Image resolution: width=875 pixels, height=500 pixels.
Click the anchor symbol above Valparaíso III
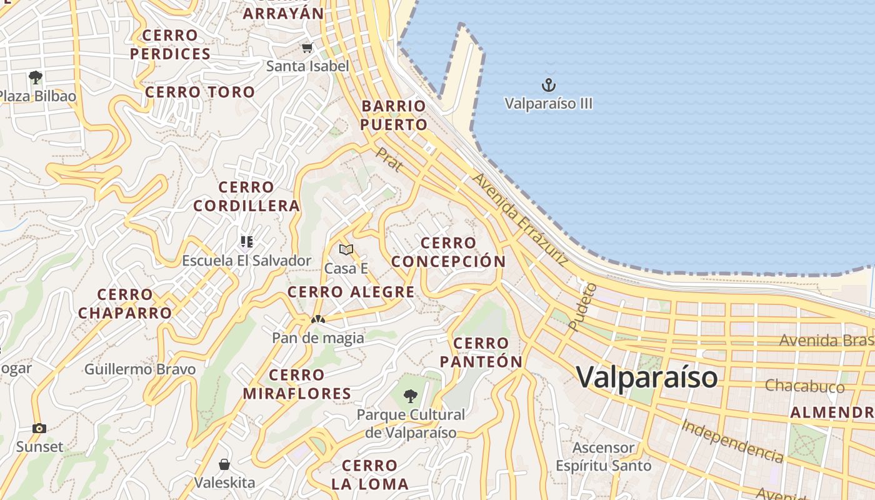click(548, 84)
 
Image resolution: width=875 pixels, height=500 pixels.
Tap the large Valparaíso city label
click(647, 377)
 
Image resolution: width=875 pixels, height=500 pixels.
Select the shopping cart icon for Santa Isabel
click(307, 47)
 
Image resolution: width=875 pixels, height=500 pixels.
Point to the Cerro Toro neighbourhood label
click(200, 92)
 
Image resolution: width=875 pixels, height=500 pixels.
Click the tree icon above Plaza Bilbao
click(36, 77)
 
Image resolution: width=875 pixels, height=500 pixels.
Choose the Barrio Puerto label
click(394, 115)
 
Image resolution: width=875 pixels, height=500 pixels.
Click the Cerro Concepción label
click(449, 252)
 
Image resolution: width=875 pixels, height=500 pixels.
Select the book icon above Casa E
click(346, 250)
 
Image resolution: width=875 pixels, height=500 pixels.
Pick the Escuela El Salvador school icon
click(246, 241)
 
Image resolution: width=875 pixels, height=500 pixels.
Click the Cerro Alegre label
click(351, 292)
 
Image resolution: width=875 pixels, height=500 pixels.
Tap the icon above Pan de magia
click(317, 319)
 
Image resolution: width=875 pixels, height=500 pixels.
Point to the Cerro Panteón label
click(481, 352)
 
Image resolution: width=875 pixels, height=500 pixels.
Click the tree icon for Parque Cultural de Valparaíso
click(410, 396)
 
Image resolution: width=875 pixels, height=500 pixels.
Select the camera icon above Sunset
click(39, 428)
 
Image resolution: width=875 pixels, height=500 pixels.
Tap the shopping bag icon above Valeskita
click(224, 464)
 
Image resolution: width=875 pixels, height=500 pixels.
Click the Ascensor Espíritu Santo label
click(604, 457)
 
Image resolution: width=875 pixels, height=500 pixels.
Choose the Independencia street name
click(732, 441)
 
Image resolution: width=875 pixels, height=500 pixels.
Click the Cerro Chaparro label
click(125, 304)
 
